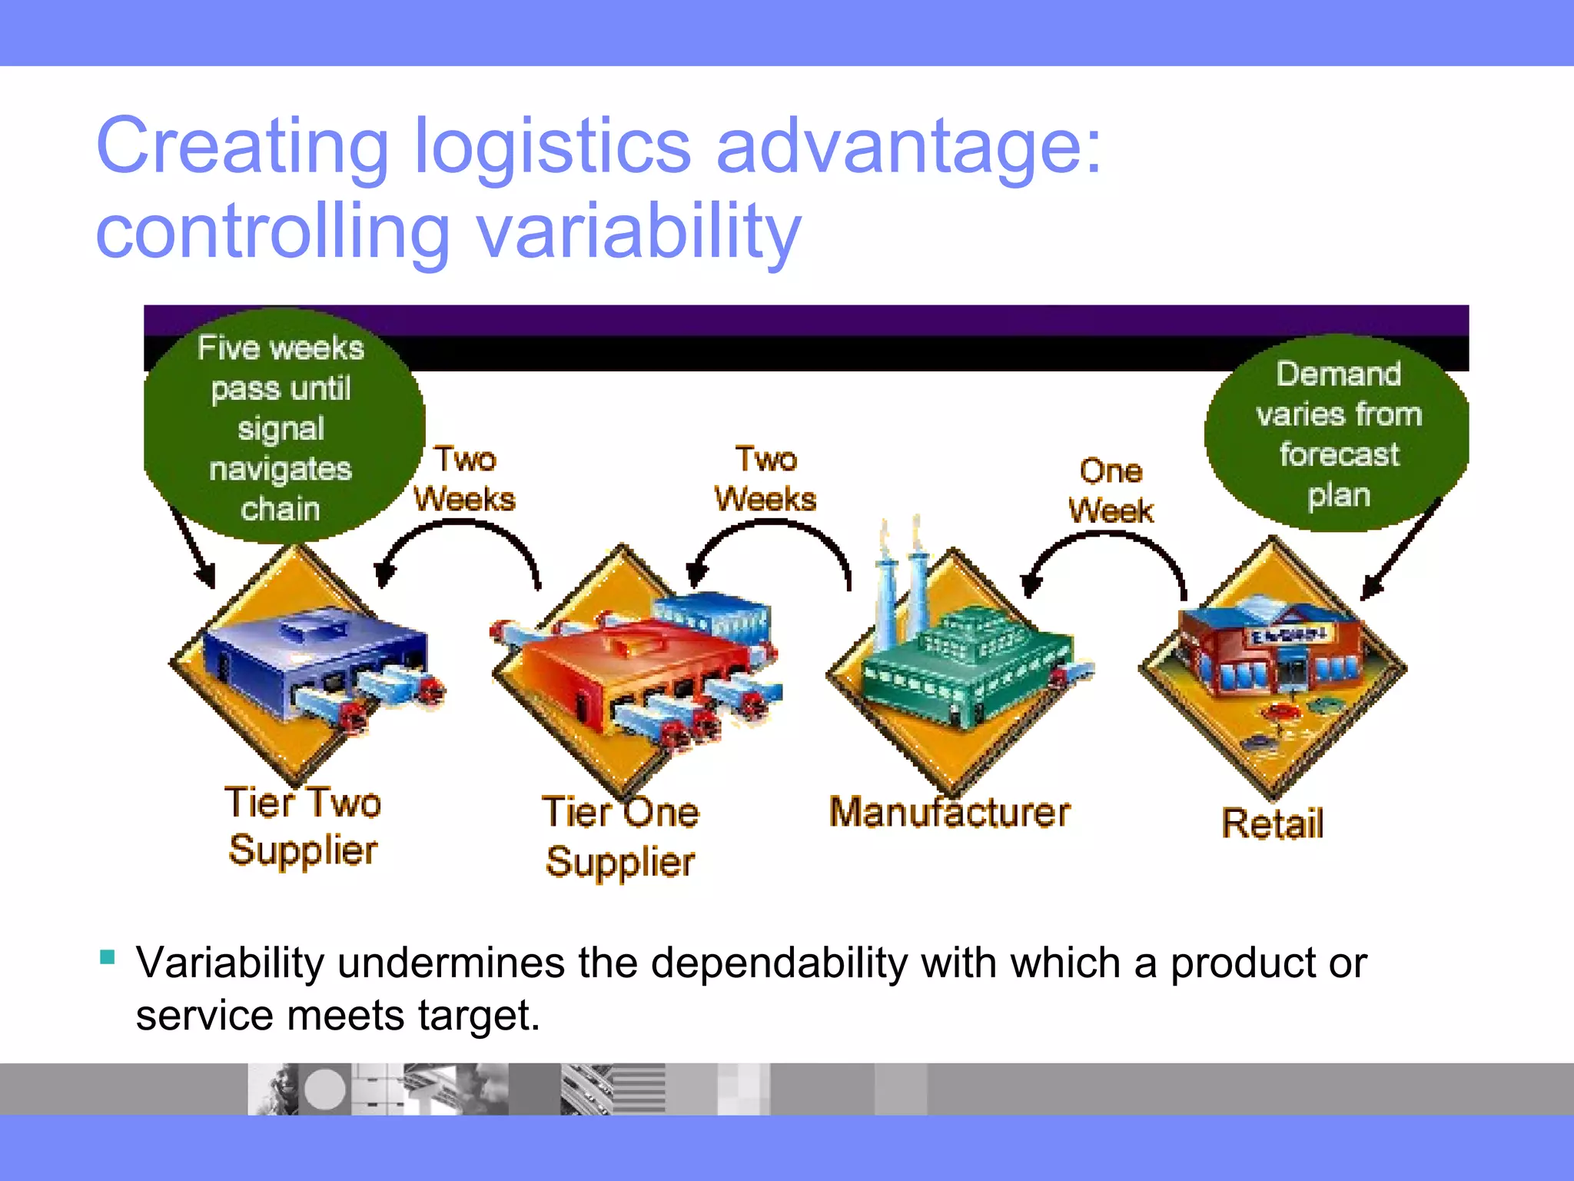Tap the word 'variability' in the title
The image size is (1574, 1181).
click(639, 231)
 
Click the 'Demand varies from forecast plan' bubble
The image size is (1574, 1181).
click(1338, 434)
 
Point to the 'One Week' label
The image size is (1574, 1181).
click(1111, 491)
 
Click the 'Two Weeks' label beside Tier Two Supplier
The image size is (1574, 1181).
click(465, 479)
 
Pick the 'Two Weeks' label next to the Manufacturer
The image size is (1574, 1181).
click(765, 479)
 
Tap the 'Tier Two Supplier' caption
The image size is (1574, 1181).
click(303, 827)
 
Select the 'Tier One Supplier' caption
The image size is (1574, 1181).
click(620, 837)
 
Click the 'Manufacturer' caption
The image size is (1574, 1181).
click(949, 813)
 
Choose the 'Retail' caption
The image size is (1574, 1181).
click(1273, 823)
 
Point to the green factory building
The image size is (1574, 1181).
click(968, 661)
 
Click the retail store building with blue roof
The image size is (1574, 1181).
click(1272, 646)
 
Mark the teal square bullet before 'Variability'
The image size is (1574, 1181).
click(108, 957)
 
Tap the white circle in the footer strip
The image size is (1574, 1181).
click(325, 1090)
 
